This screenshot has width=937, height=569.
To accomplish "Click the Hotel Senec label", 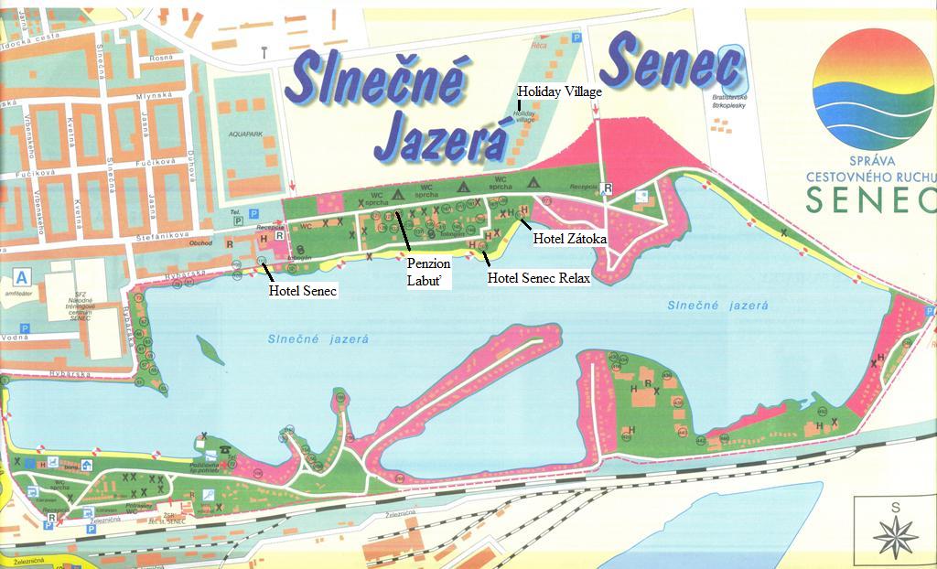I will [x=302, y=292].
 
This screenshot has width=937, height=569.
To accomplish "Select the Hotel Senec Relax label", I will [x=538, y=278].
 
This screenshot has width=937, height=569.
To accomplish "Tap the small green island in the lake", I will [x=210, y=349].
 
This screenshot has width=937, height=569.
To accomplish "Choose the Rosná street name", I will [x=161, y=58].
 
